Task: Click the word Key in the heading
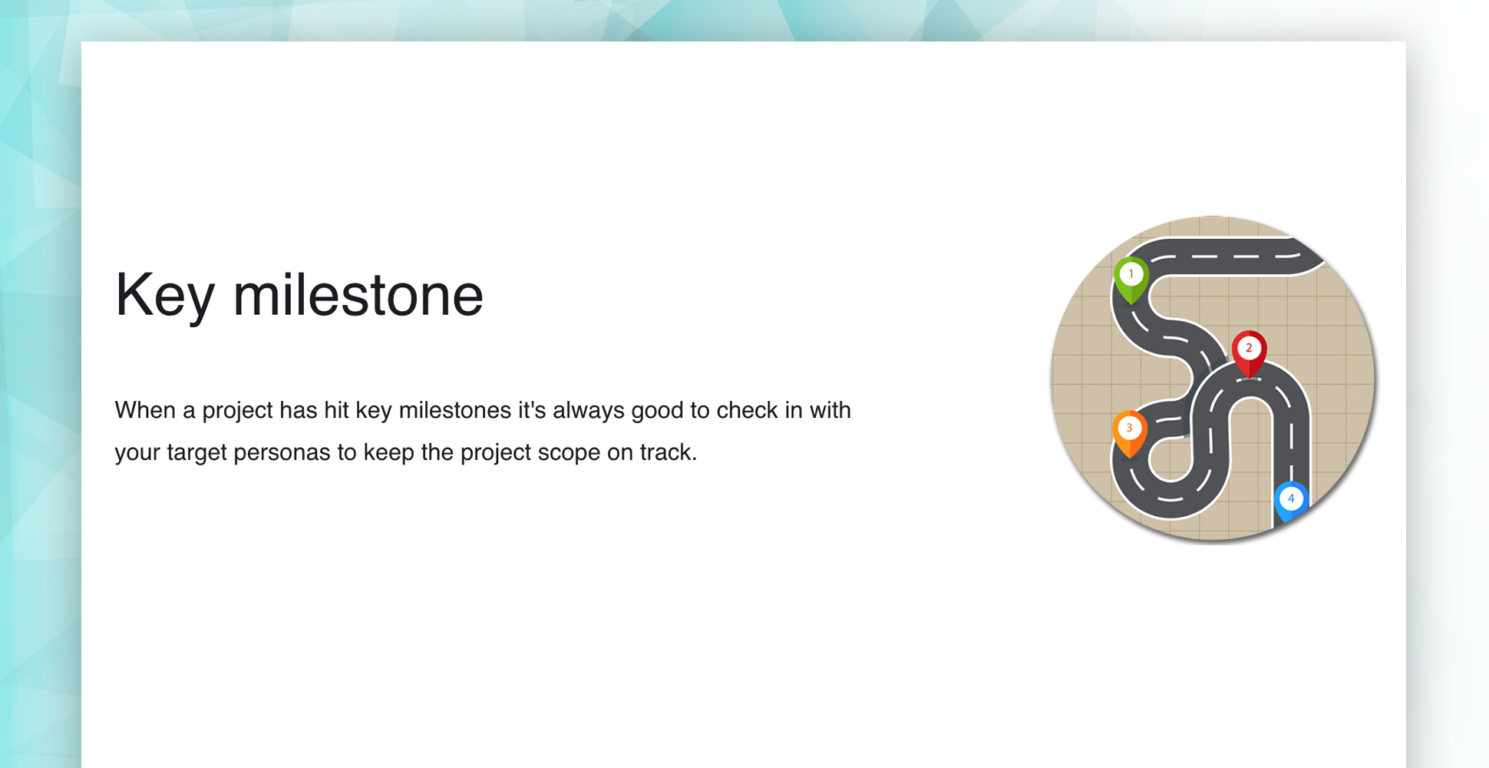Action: [x=165, y=296]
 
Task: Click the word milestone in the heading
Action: [x=358, y=295]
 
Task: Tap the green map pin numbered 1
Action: [x=1131, y=281]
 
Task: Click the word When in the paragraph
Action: [x=146, y=410]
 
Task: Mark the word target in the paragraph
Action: [x=197, y=452]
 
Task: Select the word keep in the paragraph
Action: [x=388, y=452]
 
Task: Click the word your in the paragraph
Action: [x=138, y=453]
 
